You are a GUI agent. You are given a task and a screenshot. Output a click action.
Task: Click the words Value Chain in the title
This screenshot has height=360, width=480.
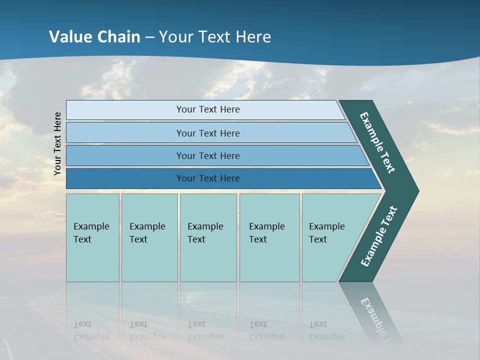click(94, 37)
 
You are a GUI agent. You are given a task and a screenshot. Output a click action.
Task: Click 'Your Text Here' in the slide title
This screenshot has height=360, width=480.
click(215, 37)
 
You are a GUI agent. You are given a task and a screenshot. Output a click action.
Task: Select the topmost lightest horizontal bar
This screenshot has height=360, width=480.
click(125, 110)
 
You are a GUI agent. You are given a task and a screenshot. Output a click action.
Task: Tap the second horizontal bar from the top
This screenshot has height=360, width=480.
click(125, 133)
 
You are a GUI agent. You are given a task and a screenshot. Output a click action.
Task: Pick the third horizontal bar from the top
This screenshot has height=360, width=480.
click(125, 155)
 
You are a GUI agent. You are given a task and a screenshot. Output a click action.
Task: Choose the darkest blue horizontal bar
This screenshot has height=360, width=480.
click(125, 178)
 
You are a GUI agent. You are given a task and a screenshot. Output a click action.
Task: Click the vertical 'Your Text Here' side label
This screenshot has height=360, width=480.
click(57, 143)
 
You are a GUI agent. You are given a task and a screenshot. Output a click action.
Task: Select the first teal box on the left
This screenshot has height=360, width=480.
click(92, 260)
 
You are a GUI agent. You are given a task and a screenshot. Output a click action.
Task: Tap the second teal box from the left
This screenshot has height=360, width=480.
click(149, 260)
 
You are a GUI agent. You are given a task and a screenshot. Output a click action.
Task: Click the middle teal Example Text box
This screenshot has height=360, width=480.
click(208, 260)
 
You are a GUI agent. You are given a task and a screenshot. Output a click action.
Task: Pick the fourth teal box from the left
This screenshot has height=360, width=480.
click(269, 260)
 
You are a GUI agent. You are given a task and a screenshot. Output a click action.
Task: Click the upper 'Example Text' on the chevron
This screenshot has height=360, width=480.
click(377, 142)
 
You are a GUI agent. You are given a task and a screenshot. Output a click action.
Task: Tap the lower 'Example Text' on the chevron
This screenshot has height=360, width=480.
click(379, 236)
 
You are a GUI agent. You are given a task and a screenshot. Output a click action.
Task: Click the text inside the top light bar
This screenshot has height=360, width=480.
click(208, 109)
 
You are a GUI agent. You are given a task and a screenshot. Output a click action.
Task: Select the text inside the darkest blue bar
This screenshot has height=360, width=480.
click(208, 178)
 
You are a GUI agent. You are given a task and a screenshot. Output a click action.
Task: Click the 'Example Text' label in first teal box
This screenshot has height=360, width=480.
click(91, 233)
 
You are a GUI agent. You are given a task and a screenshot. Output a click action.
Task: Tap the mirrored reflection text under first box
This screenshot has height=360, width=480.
click(91, 331)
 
